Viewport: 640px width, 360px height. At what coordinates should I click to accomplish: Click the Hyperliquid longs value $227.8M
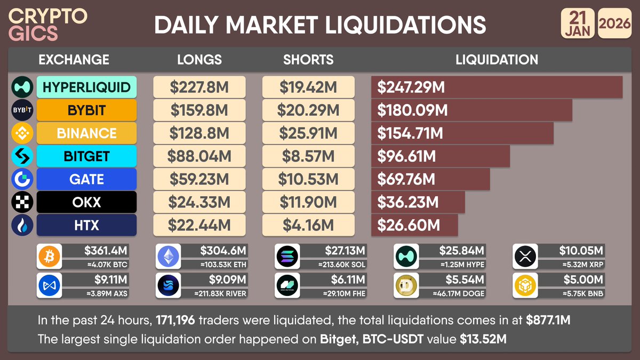coord(199,87)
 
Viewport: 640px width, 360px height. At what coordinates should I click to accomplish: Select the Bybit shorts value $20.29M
coord(308,110)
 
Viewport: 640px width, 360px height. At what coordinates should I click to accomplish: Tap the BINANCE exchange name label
coord(86,133)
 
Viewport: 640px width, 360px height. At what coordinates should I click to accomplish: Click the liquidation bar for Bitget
coord(440,156)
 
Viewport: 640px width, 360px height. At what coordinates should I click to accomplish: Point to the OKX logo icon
coord(22,202)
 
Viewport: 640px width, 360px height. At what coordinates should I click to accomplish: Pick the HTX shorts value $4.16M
coord(308,225)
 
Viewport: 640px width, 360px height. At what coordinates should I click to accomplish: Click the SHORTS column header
coord(308,60)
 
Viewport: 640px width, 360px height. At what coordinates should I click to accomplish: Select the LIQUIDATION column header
coord(497,60)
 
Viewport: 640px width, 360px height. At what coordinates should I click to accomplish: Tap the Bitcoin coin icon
coord(49,257)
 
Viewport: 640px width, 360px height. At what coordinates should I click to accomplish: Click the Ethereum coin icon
coord(168,257)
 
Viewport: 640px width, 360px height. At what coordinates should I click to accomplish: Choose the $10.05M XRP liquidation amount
coord(581,251)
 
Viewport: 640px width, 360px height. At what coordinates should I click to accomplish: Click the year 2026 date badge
coord(615,24)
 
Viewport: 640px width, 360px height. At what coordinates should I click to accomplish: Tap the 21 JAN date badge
coord(577,24)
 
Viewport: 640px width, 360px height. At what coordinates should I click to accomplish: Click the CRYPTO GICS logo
coord(48,24)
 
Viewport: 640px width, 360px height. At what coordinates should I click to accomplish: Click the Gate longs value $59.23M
coord(199,179)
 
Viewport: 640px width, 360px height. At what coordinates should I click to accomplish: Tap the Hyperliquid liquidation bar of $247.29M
coord(497,87)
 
